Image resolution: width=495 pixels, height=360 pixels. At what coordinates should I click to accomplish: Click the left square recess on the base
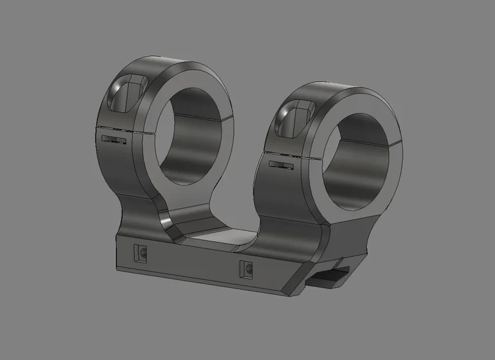tap(141, 254)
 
